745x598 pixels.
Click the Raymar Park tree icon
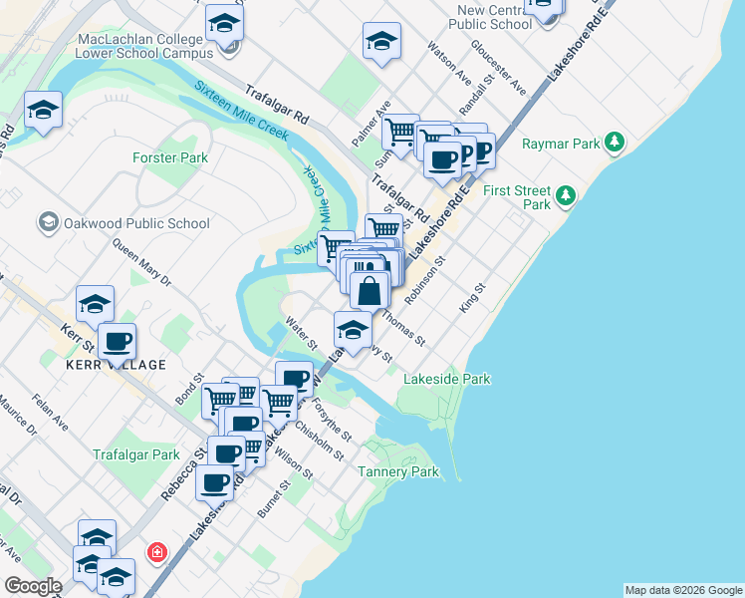(x=617, y=144)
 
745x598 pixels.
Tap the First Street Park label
(x=516, y=196)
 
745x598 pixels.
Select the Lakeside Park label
(x=446, y=379)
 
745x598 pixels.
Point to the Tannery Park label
(x=398, y=471)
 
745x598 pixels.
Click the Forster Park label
(x=170, y=157)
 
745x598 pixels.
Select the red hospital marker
(x=156, y=551)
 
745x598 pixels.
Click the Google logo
(x=33, y=586)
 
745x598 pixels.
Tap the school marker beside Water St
(x=352, y=330)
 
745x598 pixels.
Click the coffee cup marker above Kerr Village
(x=118, y=342)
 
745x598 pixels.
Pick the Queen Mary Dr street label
(x=141, y=262)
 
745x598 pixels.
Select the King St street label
(x=471, y=300)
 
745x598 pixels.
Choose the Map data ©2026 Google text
(x=683, y=590)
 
